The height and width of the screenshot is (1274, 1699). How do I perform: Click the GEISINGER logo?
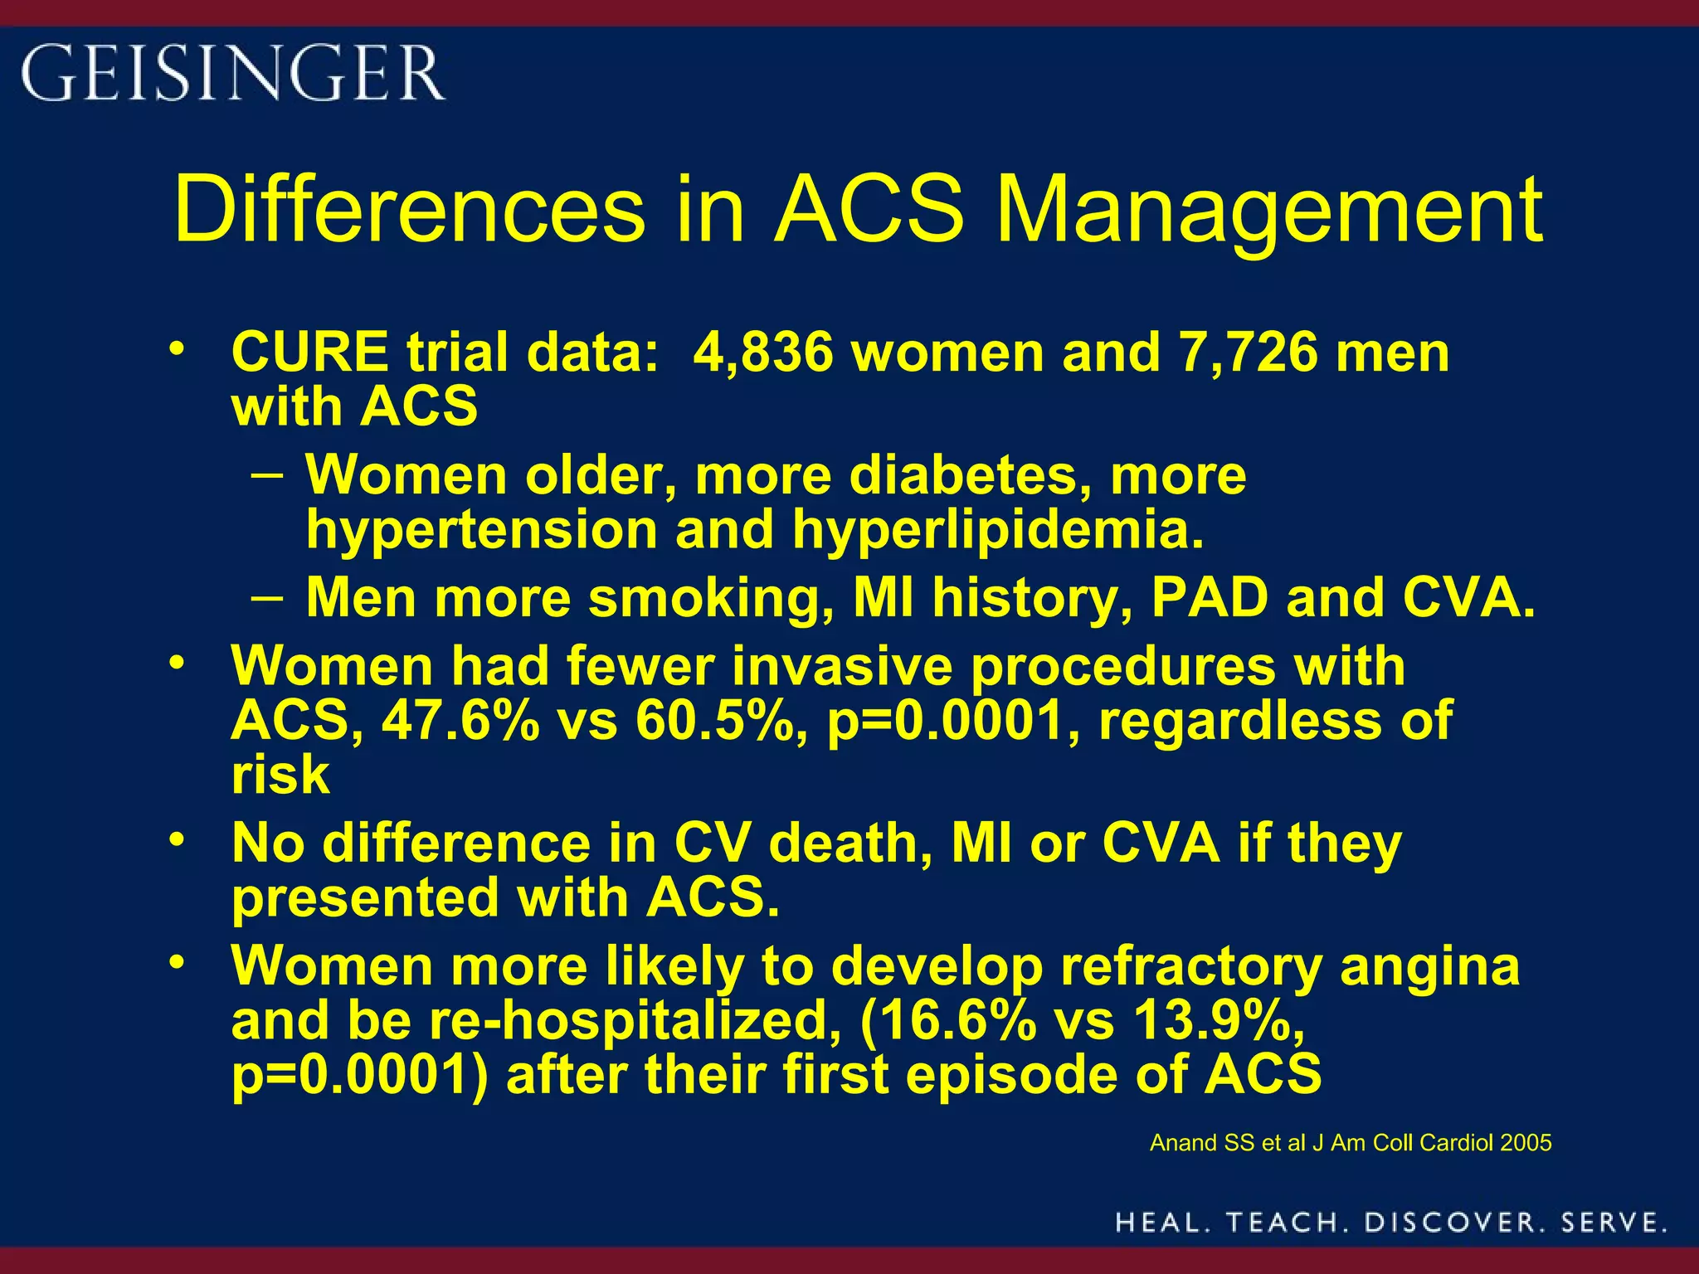(232, 73)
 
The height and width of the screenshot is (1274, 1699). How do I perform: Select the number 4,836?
(762, 353)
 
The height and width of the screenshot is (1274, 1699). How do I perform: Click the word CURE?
(309, 353)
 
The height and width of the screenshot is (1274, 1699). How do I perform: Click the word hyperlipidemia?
(998, 529)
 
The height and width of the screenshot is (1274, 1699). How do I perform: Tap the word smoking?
(710, 597)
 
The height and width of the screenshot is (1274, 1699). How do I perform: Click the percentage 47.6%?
(460, 720)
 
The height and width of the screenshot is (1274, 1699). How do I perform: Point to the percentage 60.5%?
(720, 720)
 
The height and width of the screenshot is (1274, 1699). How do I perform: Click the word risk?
(280, 775)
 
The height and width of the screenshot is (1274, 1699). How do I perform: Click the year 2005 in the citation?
(1525, 1143)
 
